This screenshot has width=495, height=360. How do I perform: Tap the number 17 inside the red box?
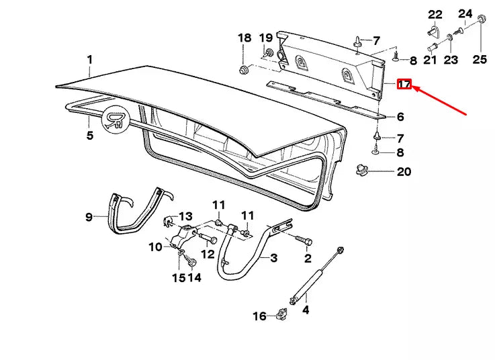click(x=404, y=85)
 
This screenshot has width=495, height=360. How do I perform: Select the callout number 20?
click(x=403, y=172)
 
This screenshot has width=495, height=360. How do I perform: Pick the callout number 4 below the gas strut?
click(x=306, y=310)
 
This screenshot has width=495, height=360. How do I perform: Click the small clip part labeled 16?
click(x=282, y=314)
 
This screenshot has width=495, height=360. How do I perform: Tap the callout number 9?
click(x=89, y=216)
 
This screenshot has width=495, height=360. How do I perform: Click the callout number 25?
click(x=479, y=60)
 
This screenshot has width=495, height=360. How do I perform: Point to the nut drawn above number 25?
click(x=482, y=18)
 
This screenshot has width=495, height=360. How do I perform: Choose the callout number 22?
click(x=436, y=14)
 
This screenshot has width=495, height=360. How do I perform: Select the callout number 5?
click(x=89, y=136)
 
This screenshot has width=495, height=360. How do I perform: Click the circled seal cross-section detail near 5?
click(x=116, y=121)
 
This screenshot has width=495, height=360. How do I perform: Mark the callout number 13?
click(x=185, y=216)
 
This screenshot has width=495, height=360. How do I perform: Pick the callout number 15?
click(x=178, y=277)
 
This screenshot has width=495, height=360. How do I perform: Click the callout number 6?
click(x=400, y=117)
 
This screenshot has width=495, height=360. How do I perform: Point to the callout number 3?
click(x=273, y=257)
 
